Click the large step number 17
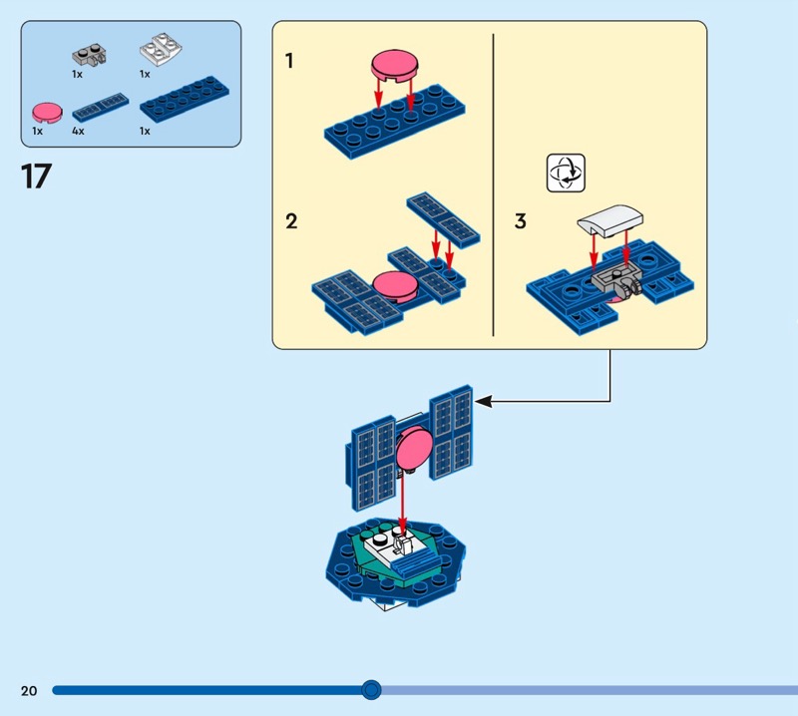point(36,177)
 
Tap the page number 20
point(28,690)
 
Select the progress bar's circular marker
point(371,689)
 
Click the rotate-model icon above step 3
point(565,172)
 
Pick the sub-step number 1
point(289,62)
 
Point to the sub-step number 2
point(290,221)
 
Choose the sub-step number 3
point(520,221)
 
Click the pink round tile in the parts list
point(45,110)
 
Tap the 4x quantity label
point(78,131)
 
